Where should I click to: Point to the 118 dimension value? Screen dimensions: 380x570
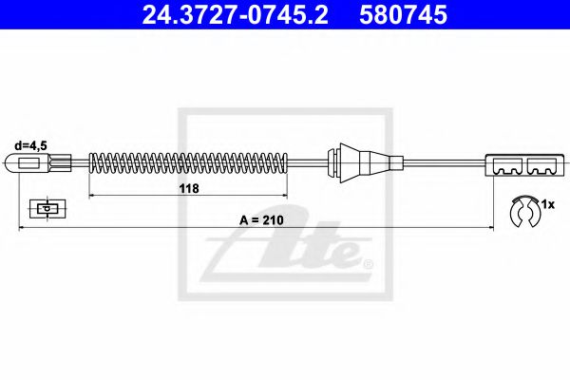click(x=188, y=188)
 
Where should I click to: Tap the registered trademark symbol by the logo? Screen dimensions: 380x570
click(x=368, y=263)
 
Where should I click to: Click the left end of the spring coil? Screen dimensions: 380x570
click(x=91, y=164)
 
